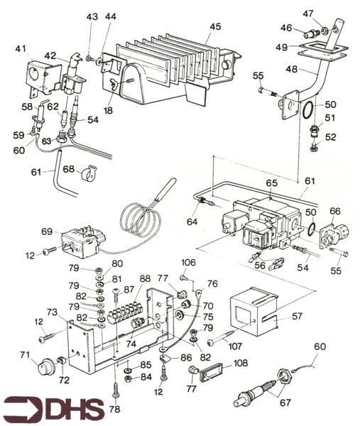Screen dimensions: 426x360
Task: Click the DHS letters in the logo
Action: (x=75, y=410)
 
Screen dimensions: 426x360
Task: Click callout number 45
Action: (x=215, y=27)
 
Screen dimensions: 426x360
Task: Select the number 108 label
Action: (x=240, y=363)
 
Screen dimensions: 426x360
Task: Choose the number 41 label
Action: (x=21, y=49)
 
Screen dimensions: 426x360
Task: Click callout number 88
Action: (x=146, y=279)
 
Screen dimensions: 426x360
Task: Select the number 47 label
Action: (x=307, y=13)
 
